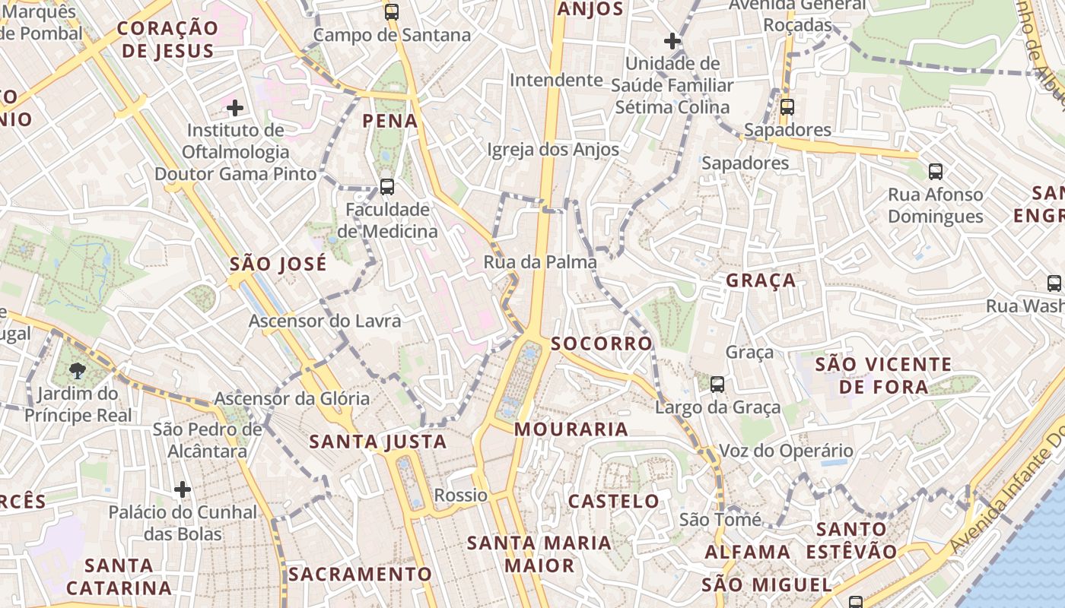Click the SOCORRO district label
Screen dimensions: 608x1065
601,344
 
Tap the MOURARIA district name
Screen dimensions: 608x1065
571,429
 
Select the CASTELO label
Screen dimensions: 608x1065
614,502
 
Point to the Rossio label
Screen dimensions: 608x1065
460,496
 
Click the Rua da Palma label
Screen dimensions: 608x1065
539,262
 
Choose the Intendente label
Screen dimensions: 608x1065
556,80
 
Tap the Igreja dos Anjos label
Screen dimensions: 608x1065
553,150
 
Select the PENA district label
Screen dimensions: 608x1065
389,121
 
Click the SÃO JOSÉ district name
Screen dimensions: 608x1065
278,264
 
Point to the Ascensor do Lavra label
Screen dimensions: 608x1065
324,321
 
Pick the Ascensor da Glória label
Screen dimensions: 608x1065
291,398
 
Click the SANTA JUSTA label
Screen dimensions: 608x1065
377,442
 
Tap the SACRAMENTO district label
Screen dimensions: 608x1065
360,574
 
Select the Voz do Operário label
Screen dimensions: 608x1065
786,451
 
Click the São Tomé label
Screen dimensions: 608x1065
720,520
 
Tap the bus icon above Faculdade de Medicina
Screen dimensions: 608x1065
387,186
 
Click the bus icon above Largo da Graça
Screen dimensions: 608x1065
717,385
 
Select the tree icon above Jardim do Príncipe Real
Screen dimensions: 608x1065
77,371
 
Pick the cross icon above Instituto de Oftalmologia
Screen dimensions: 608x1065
235,108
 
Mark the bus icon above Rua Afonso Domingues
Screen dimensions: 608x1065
936,172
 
